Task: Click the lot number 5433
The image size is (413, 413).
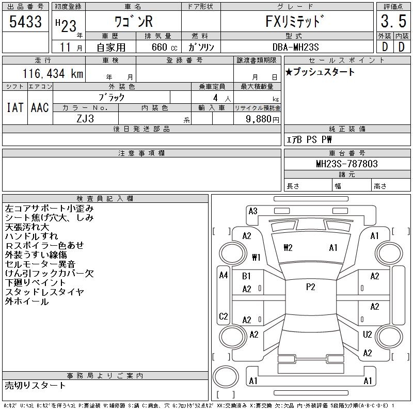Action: tap(25, 22)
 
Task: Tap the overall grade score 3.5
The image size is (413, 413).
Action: tap(392, 22)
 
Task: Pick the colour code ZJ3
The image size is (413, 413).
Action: tap(85, 118)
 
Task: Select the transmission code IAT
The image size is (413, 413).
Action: tap(14, 107)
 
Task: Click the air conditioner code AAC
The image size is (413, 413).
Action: tap(40, 107)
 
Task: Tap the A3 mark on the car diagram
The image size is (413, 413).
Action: tap(253, 211)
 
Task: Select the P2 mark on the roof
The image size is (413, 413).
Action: tap(310, 287)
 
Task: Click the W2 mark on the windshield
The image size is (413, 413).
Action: tap(288, 248)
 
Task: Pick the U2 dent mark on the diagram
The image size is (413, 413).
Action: tap(367, 335)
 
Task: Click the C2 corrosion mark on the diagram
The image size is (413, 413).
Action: tap(224, 316)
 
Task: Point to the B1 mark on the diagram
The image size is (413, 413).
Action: tap(247, 277)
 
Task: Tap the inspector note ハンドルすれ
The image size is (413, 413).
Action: tap(32, 236)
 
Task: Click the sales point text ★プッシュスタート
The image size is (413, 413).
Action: tap(320, 72)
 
